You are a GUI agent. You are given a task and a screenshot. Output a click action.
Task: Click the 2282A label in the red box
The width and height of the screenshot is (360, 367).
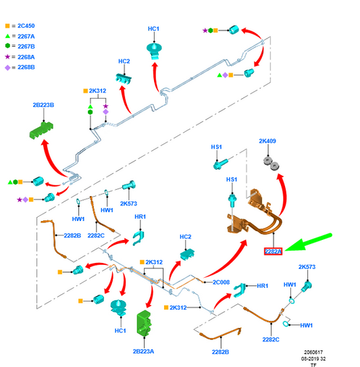click(x=273, y=251)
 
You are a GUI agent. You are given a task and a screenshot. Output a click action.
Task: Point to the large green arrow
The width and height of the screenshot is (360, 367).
click(x=308, y=242)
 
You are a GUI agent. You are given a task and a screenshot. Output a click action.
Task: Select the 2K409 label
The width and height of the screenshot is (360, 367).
click(x=267, y=141)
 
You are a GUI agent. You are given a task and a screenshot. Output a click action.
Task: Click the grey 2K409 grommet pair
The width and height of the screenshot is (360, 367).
click(x=271, y=163)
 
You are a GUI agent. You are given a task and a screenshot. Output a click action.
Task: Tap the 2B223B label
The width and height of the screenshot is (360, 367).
click(x=43, y=105)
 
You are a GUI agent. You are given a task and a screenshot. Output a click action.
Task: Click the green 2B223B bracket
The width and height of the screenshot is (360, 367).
click(x=41, y=130)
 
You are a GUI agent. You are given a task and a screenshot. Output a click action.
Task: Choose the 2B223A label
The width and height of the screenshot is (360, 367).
click(x=143, y=351)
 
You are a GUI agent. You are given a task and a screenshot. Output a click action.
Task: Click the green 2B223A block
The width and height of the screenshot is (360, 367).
click(x=144, y=322)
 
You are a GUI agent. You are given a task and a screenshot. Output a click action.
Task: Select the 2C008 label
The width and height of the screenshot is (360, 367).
click(x=221, y=283)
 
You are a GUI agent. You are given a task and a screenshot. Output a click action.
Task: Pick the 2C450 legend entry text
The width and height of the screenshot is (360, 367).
click(x=26, y=26)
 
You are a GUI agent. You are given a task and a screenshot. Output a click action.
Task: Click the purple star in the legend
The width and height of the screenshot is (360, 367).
click(x=7, y=57)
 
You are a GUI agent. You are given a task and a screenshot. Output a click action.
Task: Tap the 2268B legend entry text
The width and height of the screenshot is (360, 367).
click(x=26, y=67)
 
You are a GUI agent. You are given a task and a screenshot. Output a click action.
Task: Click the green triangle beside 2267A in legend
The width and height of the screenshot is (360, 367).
click(x=7, y=36)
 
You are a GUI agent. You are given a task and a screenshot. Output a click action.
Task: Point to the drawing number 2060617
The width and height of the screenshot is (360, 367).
click(x=313, y=352)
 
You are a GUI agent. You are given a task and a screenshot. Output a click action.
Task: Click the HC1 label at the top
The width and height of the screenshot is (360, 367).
click(x=153, y=29)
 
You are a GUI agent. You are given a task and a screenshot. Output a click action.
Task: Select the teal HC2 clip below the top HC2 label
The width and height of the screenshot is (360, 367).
click(x=124, y=78)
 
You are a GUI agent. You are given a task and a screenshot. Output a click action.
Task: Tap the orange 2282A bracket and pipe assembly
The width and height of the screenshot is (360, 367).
click(x=255, y=212)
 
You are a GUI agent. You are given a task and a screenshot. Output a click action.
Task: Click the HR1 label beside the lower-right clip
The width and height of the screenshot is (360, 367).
click(x=263, y=286)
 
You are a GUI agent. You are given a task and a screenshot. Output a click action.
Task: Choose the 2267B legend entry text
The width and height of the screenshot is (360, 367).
click(x=26, y=47)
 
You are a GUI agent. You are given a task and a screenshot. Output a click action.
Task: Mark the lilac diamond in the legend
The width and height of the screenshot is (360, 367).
click(x=7, y=68)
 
